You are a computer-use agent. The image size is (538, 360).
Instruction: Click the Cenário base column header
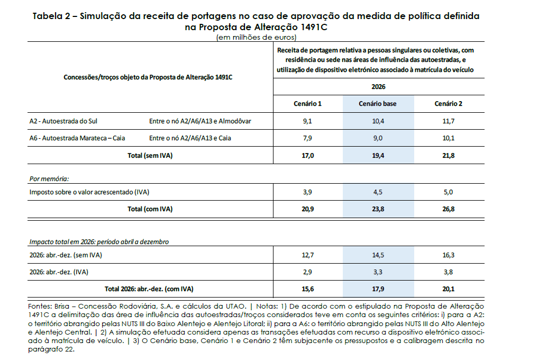377,104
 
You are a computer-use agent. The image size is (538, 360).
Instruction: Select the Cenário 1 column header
307,104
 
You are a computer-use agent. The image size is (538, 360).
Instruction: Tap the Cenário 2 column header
449,104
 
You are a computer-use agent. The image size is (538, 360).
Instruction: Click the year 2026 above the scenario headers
378,86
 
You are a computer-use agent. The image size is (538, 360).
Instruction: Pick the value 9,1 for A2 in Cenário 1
307,121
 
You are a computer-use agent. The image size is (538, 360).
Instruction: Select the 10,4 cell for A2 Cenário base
377,121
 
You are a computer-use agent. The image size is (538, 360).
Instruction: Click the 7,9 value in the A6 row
307,139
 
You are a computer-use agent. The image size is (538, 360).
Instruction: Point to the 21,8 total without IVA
449,156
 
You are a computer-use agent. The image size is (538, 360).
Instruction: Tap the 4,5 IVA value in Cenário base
377,192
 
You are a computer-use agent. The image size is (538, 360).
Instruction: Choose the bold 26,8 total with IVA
449,209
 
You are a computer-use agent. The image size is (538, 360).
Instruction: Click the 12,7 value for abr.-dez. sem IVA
307,255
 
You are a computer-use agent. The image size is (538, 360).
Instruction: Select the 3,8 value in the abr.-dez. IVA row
449,273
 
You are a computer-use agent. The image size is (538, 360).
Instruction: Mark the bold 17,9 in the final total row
377,290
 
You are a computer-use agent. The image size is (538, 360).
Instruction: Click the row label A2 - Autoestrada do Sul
63,121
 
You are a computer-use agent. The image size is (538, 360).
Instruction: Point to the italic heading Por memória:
49,179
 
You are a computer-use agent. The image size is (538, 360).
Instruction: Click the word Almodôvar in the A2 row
234,121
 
